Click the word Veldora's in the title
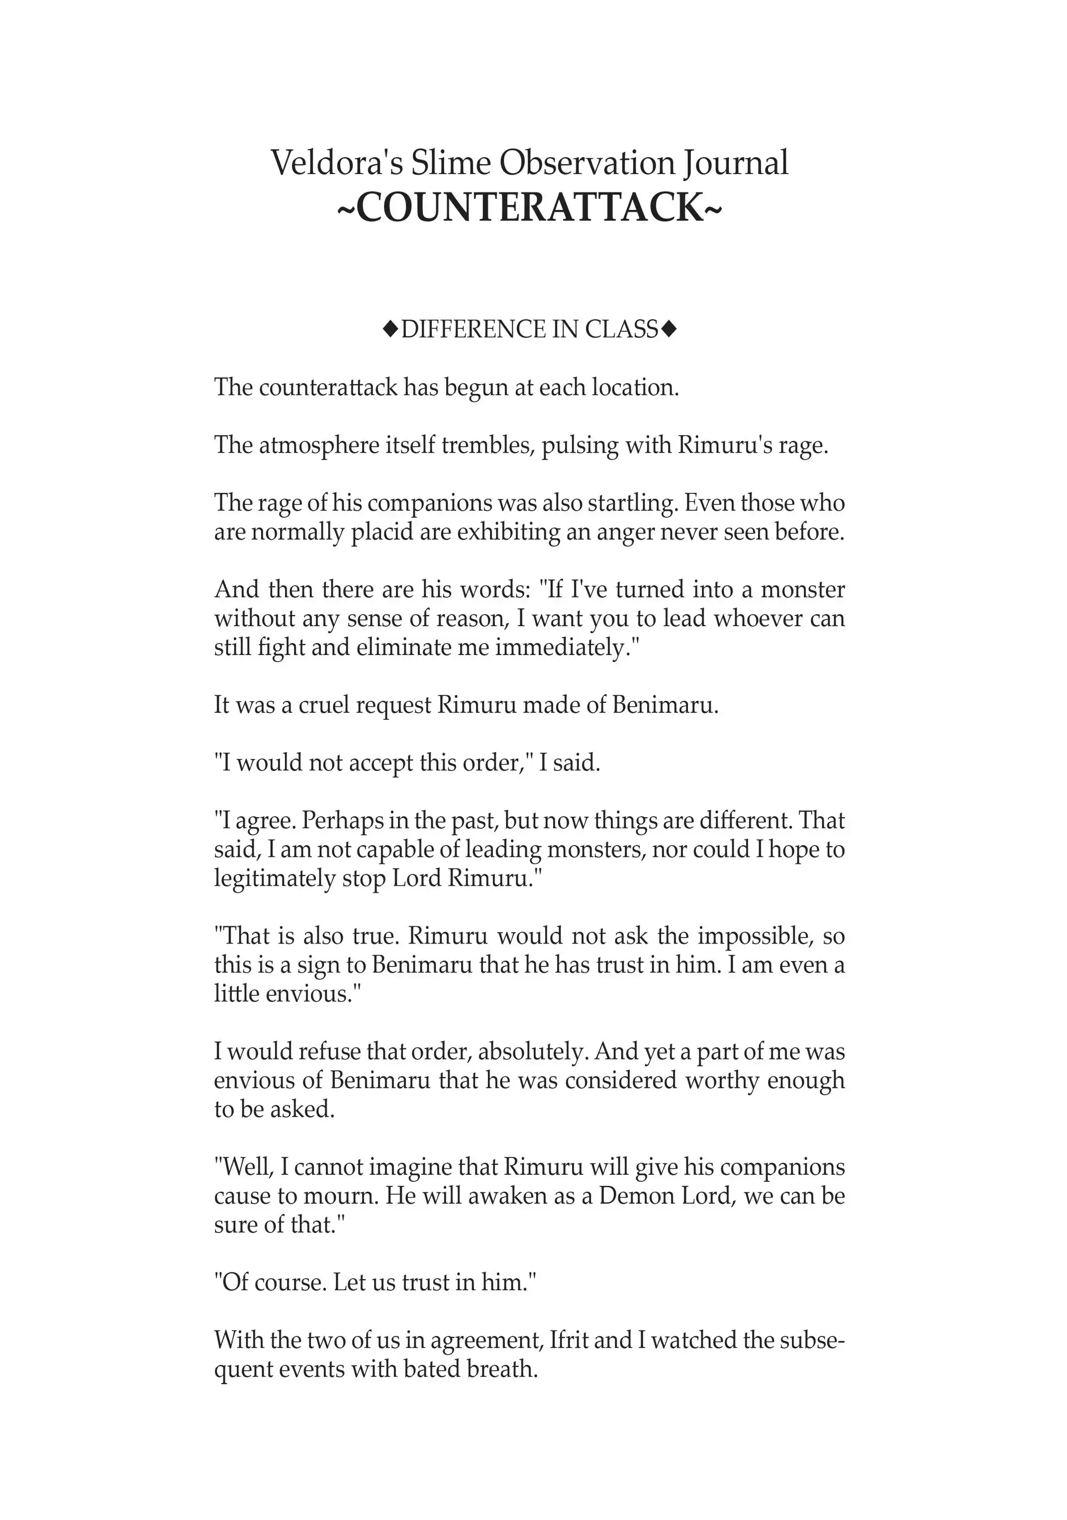[337, 163]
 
